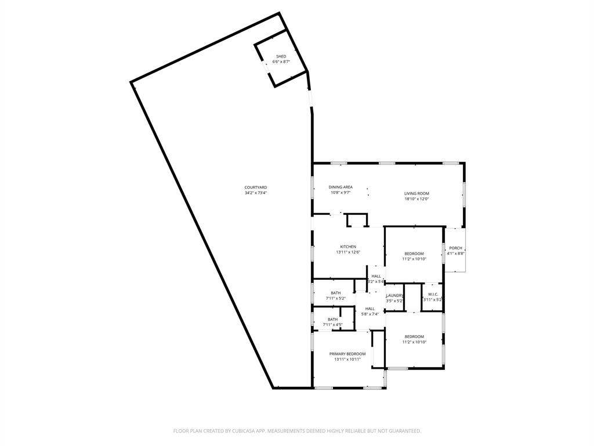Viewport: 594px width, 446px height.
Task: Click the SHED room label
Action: pos(281,56)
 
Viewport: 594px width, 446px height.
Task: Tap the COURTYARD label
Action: pos(255,187)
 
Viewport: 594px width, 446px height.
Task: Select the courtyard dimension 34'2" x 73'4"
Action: pos(255,193)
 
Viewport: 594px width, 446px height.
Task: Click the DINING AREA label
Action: pos(341,187)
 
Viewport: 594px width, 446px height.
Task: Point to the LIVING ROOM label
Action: pos(416,193)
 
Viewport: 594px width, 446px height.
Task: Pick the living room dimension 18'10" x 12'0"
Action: pos(416,199)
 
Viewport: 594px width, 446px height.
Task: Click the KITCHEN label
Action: pos(348,247)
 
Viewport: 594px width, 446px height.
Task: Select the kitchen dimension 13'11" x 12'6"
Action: pos(348,253)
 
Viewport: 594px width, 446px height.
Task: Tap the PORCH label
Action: pos(455,248)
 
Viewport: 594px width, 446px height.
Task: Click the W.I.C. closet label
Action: pos(432,294)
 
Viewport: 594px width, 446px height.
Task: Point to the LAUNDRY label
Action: pos(394,296)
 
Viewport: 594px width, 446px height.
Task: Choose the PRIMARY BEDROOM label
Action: pos(347,354)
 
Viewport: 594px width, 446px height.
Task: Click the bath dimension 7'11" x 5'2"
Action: pos(336,298)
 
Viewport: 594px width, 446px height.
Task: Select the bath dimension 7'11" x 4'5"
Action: pos(332,325)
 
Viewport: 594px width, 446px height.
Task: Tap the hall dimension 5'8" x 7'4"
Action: pos(370,314)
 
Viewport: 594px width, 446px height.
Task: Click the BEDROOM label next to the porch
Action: pos(414,254)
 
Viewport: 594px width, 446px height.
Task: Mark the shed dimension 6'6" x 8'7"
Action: pos(281,62)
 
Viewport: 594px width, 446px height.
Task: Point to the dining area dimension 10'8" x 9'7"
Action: pos(341,193)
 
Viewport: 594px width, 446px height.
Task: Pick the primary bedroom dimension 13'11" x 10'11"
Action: pos(347,359)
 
